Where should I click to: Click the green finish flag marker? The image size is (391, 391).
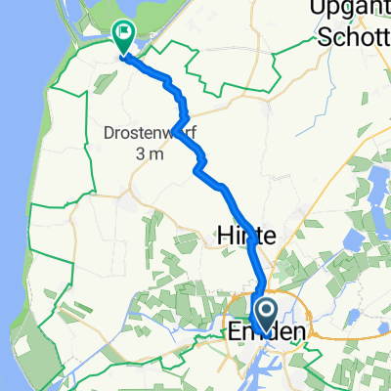[x=124, y=37]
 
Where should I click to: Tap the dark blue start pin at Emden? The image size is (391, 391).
[x=263, y=313]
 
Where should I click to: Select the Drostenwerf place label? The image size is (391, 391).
[x=150, y=132]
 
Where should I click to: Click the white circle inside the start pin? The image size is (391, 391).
[x=263, y=309]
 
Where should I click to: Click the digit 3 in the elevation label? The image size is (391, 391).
[x=141, y=153]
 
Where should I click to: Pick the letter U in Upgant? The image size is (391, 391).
[x=317, y=9]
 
